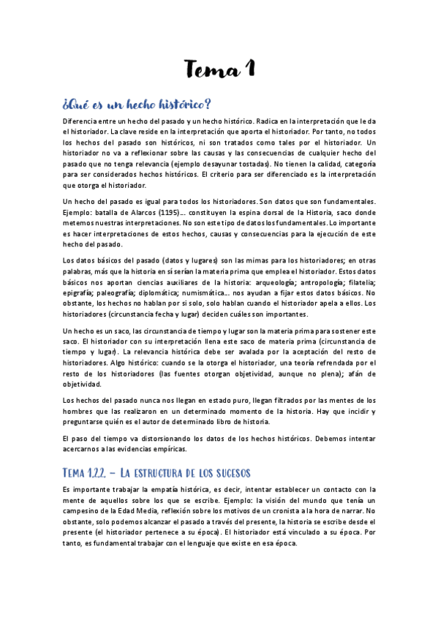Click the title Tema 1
pyautogui.click(x=219, y=70)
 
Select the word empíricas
pyautogui.click(x=200, y=450)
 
